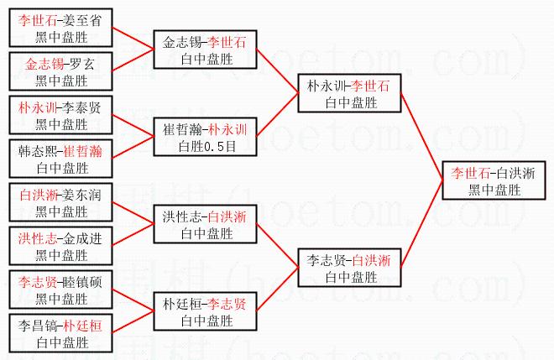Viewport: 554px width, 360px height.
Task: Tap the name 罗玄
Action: click(x=82, y=64)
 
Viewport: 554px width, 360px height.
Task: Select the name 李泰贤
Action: click(x=82, y=107)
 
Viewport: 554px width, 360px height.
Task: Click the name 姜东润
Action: click(x=82, y=195)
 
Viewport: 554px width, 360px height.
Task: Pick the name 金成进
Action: click(x=82, y=239)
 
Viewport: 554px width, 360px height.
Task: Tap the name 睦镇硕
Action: click(x=82, y=282)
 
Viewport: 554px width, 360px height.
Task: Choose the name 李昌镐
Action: click(x=38, y=326)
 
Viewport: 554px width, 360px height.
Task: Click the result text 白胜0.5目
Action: click(x=207, y=146)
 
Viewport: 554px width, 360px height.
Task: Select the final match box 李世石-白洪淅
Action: click(x=494, y=180)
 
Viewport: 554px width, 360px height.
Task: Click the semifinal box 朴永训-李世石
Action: click(x=349, y=93)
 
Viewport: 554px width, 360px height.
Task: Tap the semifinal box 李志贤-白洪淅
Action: click(x=349, y=268)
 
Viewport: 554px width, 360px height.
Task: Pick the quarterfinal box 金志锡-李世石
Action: click(x=205, y=50)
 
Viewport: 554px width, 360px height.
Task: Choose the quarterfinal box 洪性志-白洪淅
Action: click(x=205, y=224)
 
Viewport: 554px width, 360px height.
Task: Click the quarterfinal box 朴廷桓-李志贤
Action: click(x=205, y=311)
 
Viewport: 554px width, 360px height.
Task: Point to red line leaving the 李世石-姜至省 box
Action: click(x=133, y=38)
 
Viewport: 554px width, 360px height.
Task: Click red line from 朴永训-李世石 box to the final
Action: click(x=421, y=137)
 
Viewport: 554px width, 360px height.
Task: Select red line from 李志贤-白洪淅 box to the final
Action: click(x=421, y=223)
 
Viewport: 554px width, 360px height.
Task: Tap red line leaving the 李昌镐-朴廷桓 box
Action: click(x=133, y=322)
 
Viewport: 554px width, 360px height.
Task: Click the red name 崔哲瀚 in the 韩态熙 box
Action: click(x=82, y=152)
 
